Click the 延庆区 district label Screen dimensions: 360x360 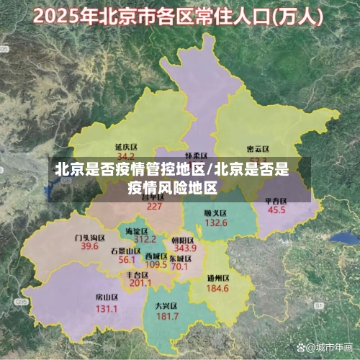126,146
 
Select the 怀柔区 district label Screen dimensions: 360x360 196,156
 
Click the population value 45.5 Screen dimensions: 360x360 276,210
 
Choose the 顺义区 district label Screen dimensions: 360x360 215,213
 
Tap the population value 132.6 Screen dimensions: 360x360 215,223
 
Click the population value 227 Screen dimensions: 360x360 154,206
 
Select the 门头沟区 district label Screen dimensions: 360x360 90,236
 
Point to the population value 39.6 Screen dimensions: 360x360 90,246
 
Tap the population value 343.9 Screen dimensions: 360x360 184,248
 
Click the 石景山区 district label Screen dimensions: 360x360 126,250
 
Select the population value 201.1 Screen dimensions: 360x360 140,283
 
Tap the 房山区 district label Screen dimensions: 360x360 107,297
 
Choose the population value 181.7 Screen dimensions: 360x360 166,316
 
